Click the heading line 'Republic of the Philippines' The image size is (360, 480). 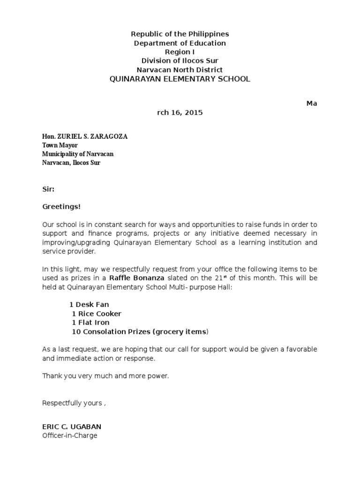180,34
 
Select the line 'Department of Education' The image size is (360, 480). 180,43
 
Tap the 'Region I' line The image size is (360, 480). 180,52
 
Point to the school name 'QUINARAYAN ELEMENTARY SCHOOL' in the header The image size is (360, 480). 180,79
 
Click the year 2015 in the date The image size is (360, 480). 193,113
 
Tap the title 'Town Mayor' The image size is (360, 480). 60,145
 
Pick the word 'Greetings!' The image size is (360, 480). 58,207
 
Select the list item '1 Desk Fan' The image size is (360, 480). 89,305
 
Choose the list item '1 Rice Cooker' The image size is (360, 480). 97,314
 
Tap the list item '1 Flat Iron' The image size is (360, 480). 90,322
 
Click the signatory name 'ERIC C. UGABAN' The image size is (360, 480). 72,427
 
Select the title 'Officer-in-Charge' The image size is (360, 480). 70,435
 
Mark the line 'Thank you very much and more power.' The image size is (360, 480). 105,376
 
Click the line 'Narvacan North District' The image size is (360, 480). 180,70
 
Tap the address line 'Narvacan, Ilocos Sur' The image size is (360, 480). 71,163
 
